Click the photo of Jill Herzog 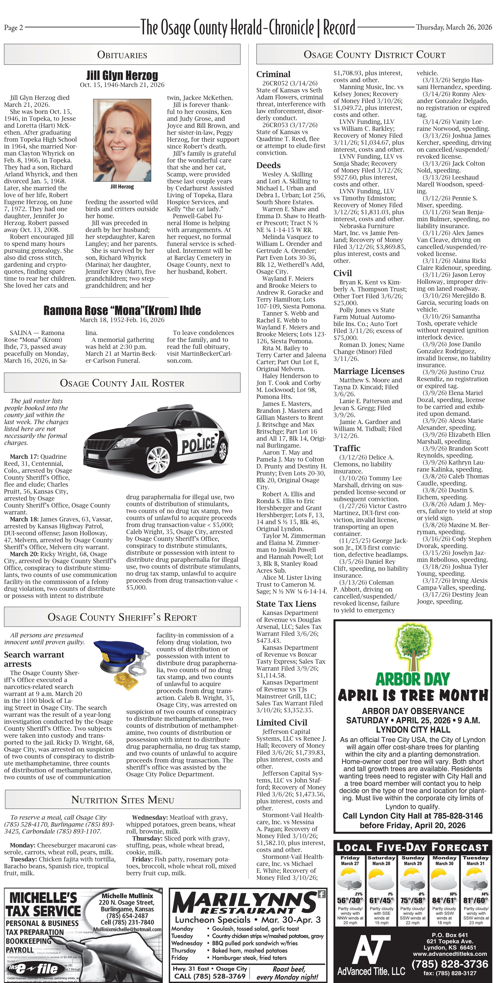coord(122,140)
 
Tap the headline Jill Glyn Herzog coord(122,75)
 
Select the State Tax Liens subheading coord(286,604)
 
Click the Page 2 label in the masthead coord(13,27)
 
